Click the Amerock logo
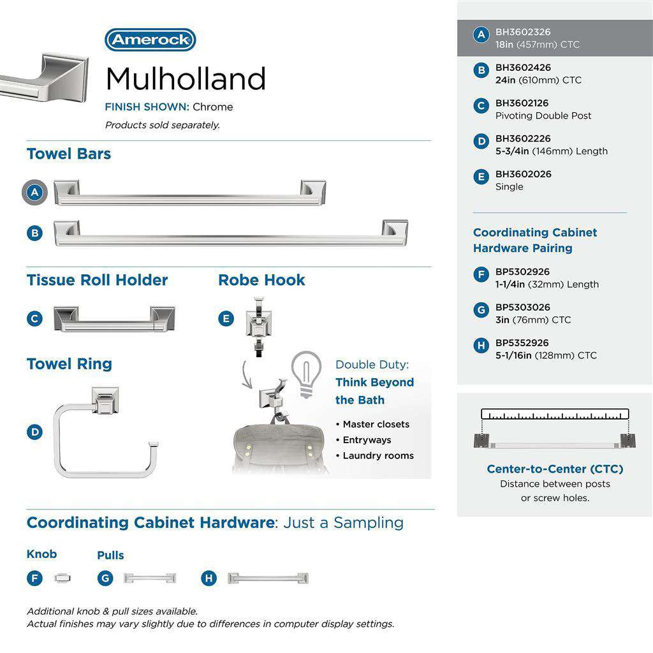pos(150,40)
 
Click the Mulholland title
pos(186,79)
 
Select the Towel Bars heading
pos(69,154)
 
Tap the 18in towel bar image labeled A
pos(189,193)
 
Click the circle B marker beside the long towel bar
pos(35,233)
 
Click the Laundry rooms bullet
pos(378,455)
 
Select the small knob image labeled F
pos(63,578)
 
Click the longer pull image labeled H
pos(268,578)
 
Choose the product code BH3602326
pos(523,32)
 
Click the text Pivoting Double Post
pos(543,115)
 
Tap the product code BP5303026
pos(523,307)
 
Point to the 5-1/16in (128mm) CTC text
pos(546,355)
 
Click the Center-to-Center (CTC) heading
pos(555,469)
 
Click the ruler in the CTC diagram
pos(555,414)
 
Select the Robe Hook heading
pos(261,280)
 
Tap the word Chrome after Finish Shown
pos(213,106)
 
